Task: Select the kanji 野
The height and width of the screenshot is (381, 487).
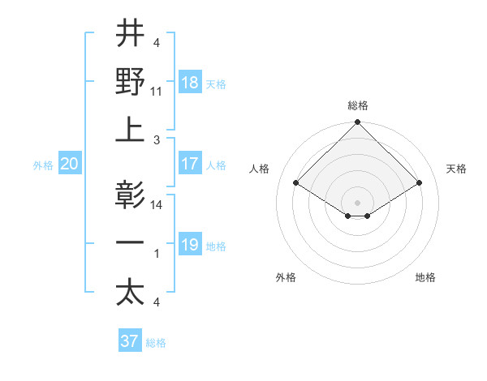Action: pyautogui.click(x=130, y=81)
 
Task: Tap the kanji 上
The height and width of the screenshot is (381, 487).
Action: pyautogui.click(x=130, y=130)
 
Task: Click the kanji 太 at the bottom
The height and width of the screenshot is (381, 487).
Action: pyautogui.click(x=130, y=293)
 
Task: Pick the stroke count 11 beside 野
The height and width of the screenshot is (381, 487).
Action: pyautogui.click(x=157, y=91)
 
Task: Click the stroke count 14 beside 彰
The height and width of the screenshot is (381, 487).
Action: pyautogui.click(x=157, y=204)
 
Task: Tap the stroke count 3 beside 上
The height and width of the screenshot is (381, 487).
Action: pyautogui.click(x=157, y=139)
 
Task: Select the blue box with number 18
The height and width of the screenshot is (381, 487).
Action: pyautogui.click(x=190, y=82)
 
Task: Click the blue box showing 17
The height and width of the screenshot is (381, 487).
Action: pyautogui.click(x=190, y=164)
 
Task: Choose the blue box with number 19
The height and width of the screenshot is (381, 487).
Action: pyautogui.click(x=190, y=245)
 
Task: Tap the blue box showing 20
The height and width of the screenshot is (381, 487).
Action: pyautogui.click(x=70, y=164)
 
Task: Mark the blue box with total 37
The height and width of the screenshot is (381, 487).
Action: pyautogui.click(x=129, y=341)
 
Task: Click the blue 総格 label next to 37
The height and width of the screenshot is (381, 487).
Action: pyautogui.click(x=156, y=343)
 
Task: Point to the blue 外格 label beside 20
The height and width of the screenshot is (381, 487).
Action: pyautogui.click(x=43, y=165)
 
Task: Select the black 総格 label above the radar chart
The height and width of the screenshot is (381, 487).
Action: pyautogui.click(x=358, y=105)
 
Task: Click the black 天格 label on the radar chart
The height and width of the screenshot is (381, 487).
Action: pyautogui.click(x=457, y=169)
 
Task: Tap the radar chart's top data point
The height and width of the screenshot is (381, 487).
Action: pyautogui.click(x=358, y=123)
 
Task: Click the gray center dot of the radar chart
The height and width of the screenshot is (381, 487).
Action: pyautogui.click(x=358, y=201)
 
